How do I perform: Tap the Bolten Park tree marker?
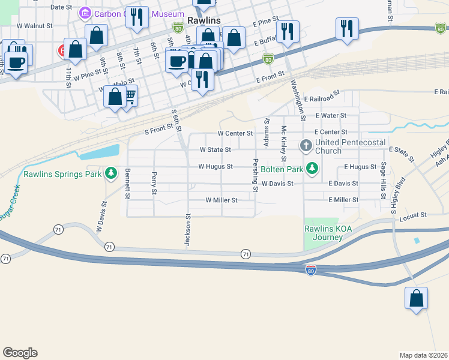[312, 169]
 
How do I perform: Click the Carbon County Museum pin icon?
[85, 13]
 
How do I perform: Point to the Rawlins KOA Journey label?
[324, 232]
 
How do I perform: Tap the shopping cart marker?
[128, 95]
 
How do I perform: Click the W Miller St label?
[221, 200]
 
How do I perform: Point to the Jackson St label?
[188, 230]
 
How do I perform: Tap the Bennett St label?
[128, 184]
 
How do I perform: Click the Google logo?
[20, 353]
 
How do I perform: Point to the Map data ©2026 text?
[423, 355]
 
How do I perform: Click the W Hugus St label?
[215, 166]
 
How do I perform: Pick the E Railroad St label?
[322, 99]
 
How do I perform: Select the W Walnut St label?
[35, 26]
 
